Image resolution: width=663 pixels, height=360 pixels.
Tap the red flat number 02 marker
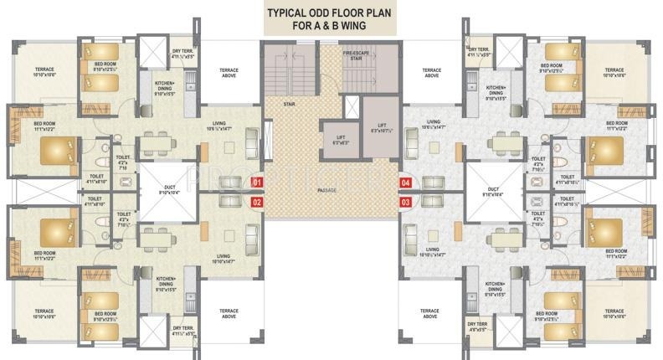pyautogui.click(x=257, y=202)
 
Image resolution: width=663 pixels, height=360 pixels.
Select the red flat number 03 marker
pyautogui.click(x=405, y=202)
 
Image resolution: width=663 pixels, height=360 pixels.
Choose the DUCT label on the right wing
pyautogui.click(x=493, y=192)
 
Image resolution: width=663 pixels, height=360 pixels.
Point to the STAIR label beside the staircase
pyautogui.click(x=290, y=105)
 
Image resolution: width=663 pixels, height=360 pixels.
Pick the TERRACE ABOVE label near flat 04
pyautogui.click(x=431, y=73)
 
